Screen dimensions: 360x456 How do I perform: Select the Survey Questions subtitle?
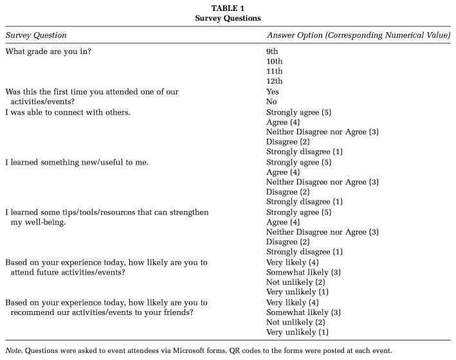(x=228, y=17)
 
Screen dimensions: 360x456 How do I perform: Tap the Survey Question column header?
(x=36, y=35)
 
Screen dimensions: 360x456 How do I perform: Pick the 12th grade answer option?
(x=275, y=81)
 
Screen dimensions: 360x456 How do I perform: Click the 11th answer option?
(x=275, y=71)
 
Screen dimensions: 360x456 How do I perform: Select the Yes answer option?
(x=273, y=91)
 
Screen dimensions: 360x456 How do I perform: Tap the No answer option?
(x=271, y=102)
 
